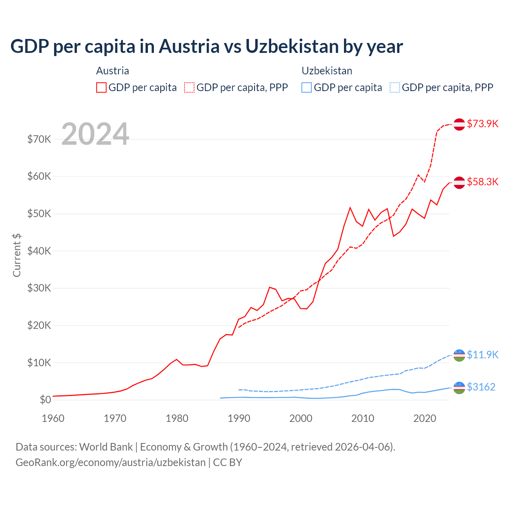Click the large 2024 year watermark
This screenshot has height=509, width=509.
point(95,134)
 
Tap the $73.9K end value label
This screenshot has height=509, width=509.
point(482,124)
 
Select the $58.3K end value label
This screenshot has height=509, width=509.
point(482,182)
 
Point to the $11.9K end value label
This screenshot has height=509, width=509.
point(482,355)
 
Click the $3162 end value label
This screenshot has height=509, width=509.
point(481,387)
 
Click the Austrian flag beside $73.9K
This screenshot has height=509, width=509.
point(459,124)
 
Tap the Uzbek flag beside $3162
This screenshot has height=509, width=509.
point(459,387)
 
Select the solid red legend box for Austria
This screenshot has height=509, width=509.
point(101,87)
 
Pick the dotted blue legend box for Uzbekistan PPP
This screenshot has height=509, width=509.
point(395,87)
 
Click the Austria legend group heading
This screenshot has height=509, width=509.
point(113,71)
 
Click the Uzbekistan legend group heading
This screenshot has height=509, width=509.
point(327,71)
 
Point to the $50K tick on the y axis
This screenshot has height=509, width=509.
point(39,214)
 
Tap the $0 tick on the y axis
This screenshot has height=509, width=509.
point(45,400)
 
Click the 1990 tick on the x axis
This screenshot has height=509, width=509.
point(239,418)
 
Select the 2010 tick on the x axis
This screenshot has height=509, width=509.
point(363,418)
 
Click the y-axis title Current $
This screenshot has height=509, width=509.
point(17,255)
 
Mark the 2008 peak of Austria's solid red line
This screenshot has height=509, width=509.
point(350,207)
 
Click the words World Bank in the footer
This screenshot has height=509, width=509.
point(106,447)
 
